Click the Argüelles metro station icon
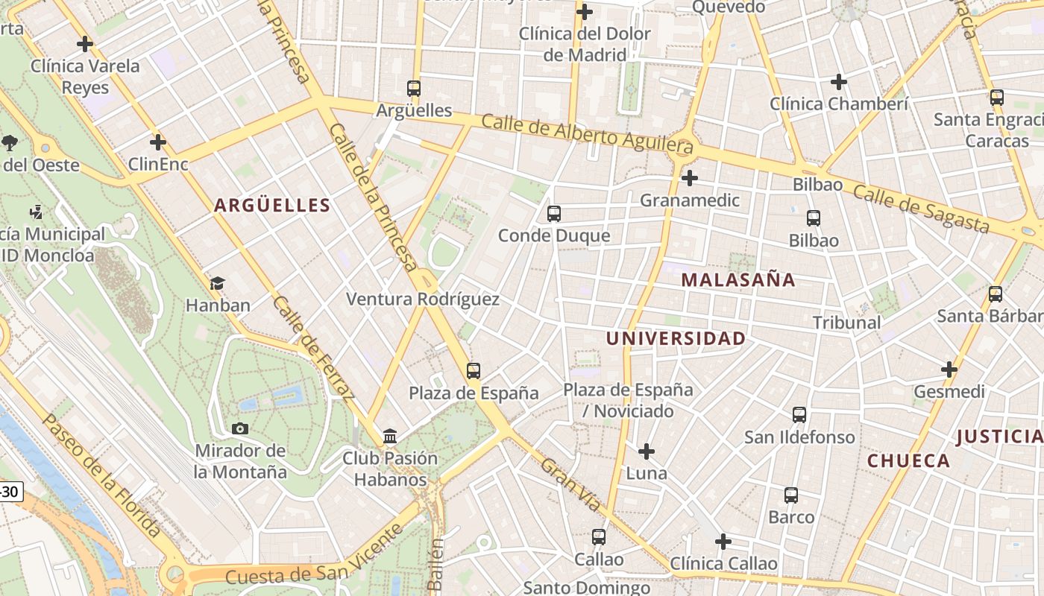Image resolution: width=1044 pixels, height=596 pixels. [x=414, y=88]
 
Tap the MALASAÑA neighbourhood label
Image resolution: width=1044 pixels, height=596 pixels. [x=738, y=280]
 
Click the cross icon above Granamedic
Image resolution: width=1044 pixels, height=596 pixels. [x=690, y=178]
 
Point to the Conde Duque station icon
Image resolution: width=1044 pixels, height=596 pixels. [x=553, y=214]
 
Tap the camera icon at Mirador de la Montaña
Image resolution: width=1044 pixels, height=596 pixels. [x=239, y=428]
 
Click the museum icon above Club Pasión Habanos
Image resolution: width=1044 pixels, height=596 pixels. [x=389, y=436]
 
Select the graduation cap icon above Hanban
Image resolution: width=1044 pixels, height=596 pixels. [x=217, y=283]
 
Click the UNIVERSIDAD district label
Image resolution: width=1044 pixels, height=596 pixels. [x=675, y=339]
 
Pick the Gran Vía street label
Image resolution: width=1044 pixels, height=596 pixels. [x=570, y=485]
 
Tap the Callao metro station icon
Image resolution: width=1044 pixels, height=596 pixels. [x=598, y=537]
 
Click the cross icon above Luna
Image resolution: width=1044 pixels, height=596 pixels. [x=646, y=451]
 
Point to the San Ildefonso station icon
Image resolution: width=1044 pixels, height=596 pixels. [x=799, y=415]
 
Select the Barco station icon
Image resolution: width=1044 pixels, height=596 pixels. [x=790, y=495]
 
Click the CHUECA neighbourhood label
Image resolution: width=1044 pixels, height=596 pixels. [x=908, y=460]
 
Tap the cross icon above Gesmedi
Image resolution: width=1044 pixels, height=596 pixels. [x=949, y=370]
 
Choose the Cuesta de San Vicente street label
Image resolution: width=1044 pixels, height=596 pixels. [x=313, y=556]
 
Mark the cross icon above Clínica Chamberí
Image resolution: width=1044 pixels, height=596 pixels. [x=839, y=82]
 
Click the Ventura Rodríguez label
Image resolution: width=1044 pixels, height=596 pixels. [x=423, y=299]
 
